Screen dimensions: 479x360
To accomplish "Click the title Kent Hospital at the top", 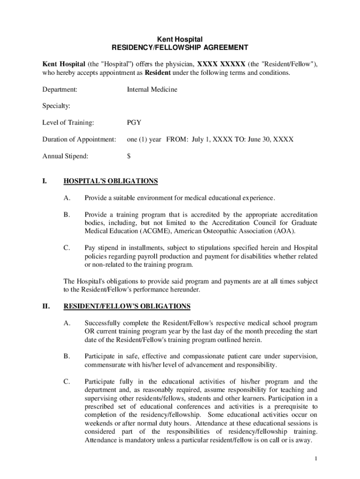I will (x=180, y=39).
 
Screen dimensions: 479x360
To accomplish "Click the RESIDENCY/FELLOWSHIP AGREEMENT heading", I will (x=180, y=48).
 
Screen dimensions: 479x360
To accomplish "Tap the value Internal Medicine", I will (x=152, y=89).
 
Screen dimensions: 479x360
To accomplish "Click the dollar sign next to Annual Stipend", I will (x=129, y=156).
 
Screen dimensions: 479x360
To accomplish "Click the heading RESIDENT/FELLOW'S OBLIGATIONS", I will (x=127, y=306).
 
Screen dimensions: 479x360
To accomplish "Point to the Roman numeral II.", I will (x=46, y=306).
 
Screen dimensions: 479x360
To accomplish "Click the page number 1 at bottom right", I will (x=316, y=458).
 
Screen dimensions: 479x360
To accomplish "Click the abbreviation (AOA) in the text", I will (x=285, y=232).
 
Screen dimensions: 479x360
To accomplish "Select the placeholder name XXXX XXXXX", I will (x=221, y=65).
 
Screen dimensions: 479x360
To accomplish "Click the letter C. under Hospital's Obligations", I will (x=67, y=248).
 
